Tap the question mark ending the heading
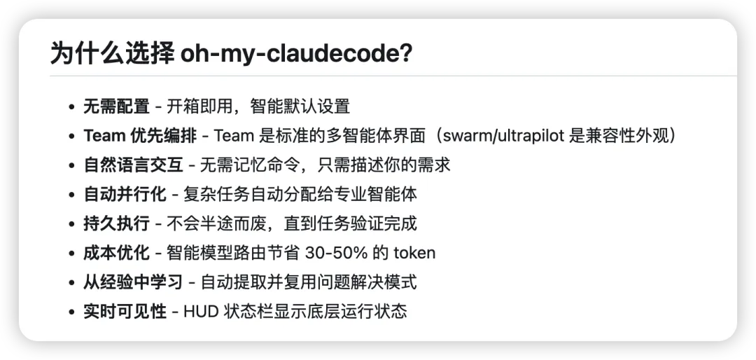405,54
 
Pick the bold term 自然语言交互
133,165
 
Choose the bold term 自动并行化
125,194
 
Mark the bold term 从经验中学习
133,282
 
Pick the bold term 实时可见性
125,312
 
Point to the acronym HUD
201,312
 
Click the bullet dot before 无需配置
71,107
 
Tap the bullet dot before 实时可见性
71,312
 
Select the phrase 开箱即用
195,106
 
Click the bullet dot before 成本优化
71,254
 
